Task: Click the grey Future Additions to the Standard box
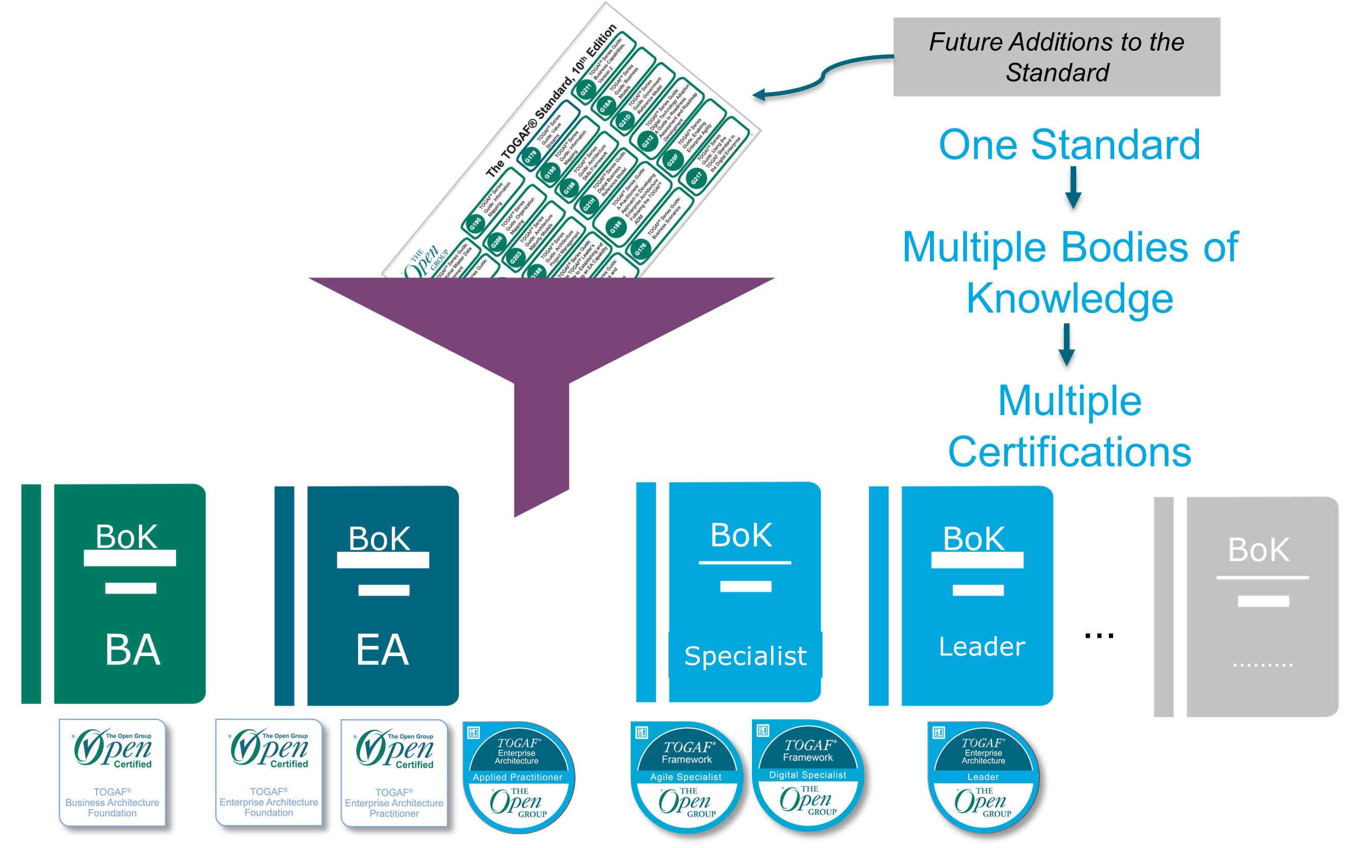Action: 1056,57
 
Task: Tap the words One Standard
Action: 1069,145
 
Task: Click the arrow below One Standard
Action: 1073,188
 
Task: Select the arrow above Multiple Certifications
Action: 1066,344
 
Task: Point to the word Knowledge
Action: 1069,298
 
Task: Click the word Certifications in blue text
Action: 1069,452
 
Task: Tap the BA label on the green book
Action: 133,649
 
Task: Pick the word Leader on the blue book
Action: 982,647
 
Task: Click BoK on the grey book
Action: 1258,550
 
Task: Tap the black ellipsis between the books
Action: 1099,636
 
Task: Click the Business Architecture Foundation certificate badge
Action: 112,773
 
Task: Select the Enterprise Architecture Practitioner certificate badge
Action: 394,773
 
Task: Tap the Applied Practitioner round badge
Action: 518,777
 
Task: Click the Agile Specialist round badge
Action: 686,777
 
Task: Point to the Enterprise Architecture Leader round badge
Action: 983,777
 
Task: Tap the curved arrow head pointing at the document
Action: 759,95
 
